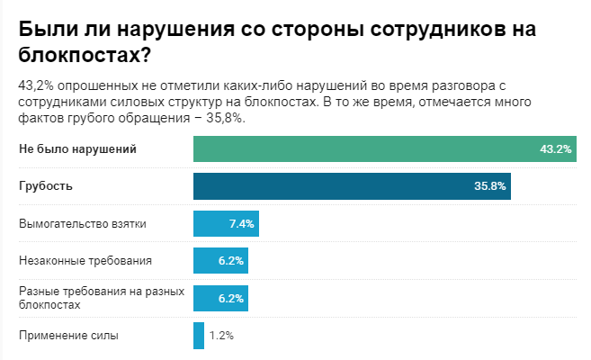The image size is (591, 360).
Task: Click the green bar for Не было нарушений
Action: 360,149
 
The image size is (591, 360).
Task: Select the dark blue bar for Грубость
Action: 342,186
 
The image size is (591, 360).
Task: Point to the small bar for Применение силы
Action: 199,336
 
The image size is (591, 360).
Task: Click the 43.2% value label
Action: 556,149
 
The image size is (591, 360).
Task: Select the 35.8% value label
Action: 489,186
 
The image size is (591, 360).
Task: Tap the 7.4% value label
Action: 242,223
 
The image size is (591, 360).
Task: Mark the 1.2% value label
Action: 221,336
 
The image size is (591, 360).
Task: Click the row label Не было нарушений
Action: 77,149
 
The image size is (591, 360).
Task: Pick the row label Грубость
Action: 46,186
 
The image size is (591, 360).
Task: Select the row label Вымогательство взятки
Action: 82,223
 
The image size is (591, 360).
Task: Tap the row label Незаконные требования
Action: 85,261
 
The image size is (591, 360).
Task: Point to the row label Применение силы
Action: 68,336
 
